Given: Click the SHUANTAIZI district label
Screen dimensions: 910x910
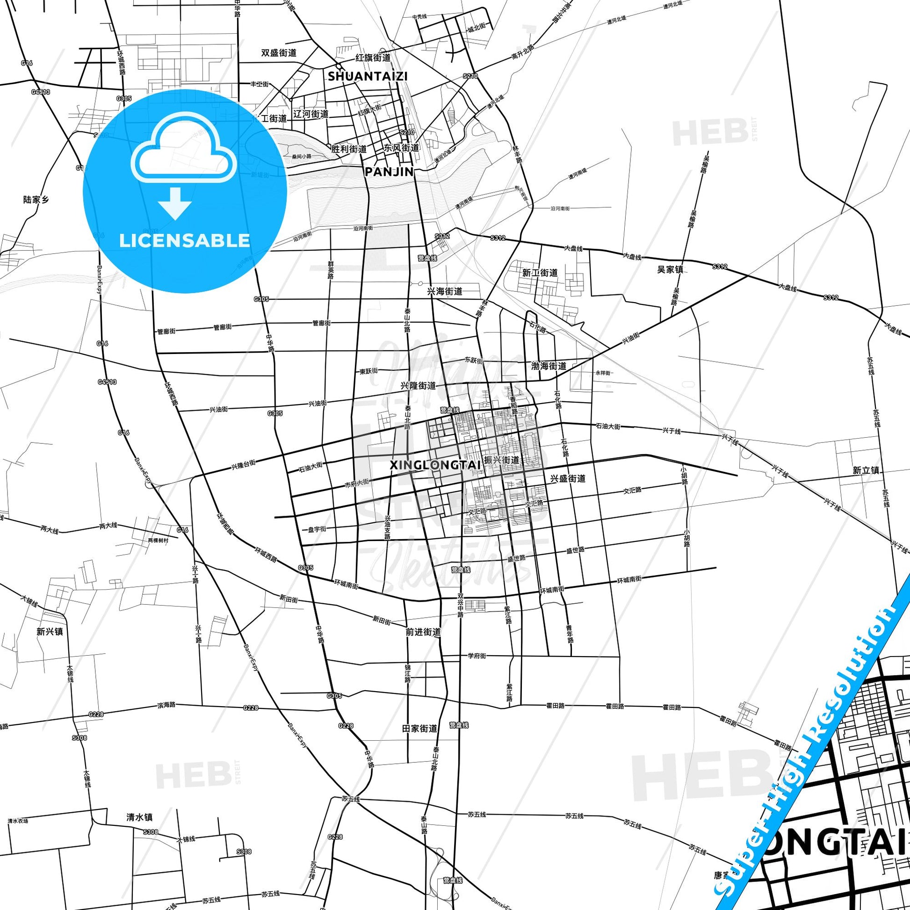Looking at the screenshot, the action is [x=368, y=76].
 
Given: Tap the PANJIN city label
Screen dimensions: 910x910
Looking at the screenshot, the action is [x=390, y=172].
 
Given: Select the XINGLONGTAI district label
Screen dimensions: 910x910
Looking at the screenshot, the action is [x=435, y=465].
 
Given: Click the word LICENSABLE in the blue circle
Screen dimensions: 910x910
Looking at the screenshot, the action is [x=184, y=240].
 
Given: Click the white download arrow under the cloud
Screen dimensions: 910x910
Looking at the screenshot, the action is [x=174, y=203].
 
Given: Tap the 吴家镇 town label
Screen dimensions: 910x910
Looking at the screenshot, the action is [x=670, y=270].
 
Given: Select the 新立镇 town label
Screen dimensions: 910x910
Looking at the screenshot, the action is [x=866, y=470].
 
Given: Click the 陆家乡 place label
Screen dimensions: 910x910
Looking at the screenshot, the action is [x=36, y=200].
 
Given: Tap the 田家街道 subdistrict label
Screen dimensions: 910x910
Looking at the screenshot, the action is [x=419, y=728].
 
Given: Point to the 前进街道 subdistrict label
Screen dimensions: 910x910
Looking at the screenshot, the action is [x=423, y=632].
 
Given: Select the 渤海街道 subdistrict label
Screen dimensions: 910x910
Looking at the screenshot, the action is [x=548, y=366].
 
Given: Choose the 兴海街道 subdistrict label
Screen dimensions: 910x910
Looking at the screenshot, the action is [x=445, y=291].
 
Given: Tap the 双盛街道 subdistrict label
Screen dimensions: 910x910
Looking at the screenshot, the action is [x=279, y=53].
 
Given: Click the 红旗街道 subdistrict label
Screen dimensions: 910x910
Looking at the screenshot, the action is [x=373, y=58].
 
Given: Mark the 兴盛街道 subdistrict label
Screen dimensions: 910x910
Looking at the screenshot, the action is [x=568, y=478].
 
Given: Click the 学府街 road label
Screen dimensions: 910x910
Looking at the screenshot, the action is [x=477, y=656].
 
